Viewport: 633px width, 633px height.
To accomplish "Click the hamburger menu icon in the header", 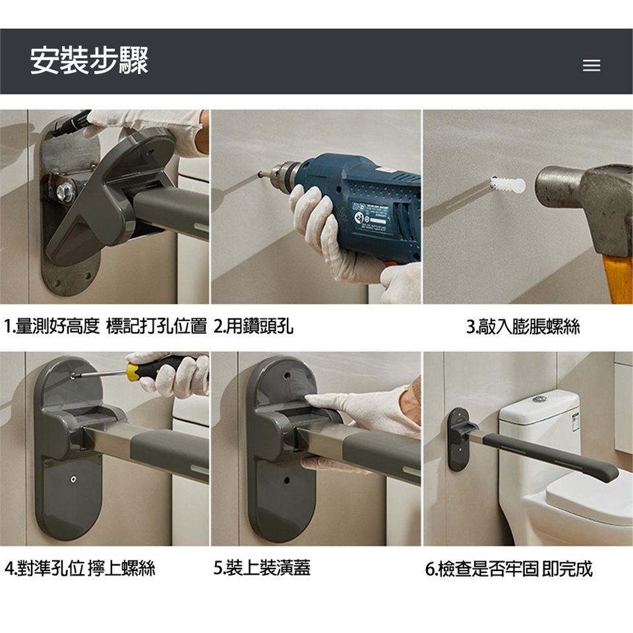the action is [591, 65].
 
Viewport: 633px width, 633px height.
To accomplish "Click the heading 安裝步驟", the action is [89, 61].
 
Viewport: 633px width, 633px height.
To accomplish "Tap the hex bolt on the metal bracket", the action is [65, 192].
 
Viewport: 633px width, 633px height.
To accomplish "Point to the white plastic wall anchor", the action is [508, 185].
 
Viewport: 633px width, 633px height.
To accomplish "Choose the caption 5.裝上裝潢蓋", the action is [262, 568].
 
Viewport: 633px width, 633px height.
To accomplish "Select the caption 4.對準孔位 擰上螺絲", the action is [80, 568].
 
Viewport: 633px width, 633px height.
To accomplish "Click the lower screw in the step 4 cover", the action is [73, 479].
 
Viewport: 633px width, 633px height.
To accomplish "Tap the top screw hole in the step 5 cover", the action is [287, 375].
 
